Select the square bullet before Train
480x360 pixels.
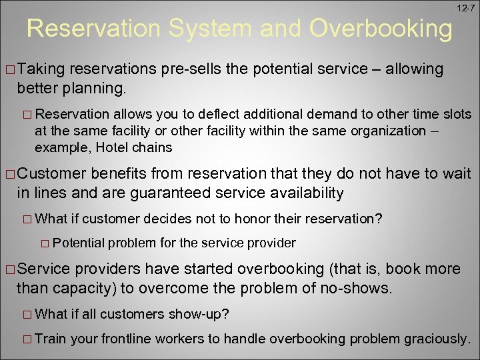point(27,339)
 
